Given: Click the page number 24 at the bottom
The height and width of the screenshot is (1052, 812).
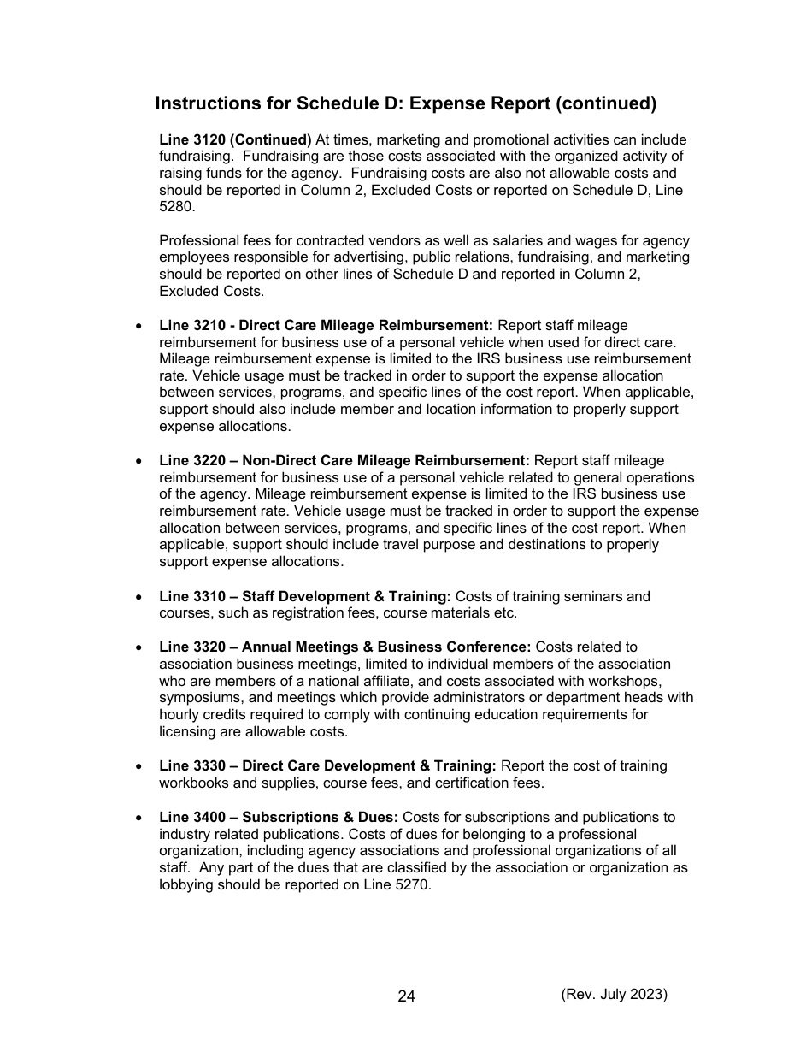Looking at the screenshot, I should (406, 996).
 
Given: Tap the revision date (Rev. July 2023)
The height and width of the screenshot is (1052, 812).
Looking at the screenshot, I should (614, 994).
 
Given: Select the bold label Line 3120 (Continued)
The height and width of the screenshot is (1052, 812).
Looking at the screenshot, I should (235, 139).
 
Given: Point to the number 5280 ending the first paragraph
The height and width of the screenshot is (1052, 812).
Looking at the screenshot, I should (177, 207).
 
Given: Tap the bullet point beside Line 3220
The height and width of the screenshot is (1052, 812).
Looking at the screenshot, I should (139, 461).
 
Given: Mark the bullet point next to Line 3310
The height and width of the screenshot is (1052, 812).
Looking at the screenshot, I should (139, 596).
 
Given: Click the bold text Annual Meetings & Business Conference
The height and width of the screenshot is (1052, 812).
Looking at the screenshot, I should (386, 647).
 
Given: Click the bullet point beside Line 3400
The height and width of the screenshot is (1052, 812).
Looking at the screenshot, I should (139, 817).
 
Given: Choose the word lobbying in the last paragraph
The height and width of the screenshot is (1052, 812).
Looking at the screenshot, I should (187, 885).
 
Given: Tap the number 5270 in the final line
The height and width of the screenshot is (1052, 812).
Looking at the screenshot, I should (412, 885).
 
